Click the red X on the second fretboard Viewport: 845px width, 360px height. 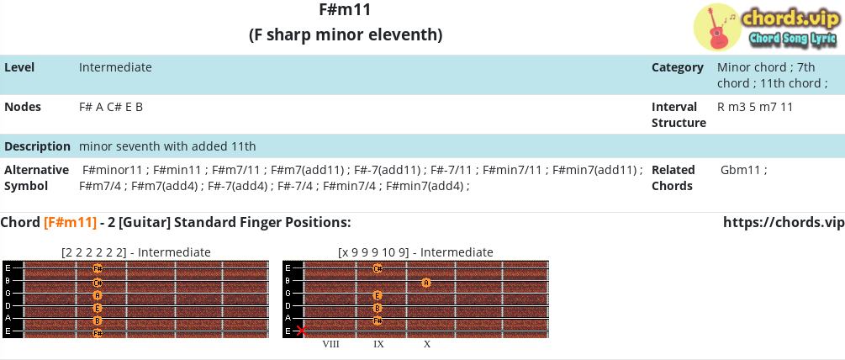[302, 331]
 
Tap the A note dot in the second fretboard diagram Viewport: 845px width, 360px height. [425, 283]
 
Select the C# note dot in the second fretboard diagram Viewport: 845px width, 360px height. [378, 268]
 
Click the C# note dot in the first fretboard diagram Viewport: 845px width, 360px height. [98, 283]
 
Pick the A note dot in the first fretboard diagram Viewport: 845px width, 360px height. [98, 295]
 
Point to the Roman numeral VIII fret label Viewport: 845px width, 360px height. [331, 344]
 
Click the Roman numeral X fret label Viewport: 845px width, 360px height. [427, 344]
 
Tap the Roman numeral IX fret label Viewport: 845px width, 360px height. [379, 344]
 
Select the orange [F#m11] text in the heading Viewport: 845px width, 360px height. [70, 222]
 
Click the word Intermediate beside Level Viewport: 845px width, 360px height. [115, 67]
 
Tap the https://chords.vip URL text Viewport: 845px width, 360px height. [784, 223]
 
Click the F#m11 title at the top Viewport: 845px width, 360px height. [346, 10]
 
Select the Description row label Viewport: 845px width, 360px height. [37, 146]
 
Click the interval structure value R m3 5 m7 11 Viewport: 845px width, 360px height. [755, 107]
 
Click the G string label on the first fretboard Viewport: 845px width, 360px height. [8, 294]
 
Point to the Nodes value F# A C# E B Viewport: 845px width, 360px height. [111, 107]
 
